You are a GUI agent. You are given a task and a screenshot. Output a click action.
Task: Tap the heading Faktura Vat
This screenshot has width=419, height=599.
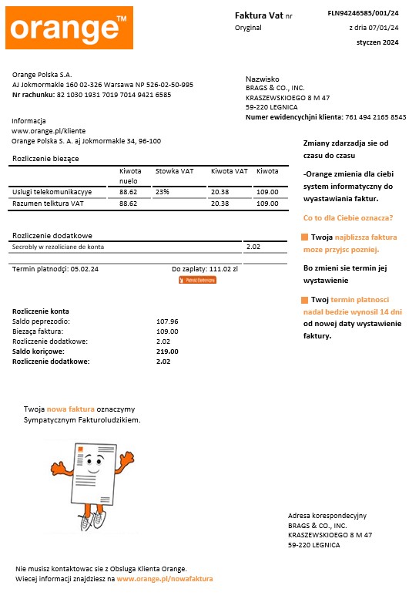click(x=259, y=15)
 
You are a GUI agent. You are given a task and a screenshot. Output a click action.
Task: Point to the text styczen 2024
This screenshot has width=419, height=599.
click(x=377, y=42)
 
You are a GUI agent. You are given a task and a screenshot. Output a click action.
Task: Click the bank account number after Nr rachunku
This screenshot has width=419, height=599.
click(x=114, y=95)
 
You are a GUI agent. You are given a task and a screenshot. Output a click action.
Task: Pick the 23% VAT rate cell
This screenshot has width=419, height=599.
click(x=163, y=190)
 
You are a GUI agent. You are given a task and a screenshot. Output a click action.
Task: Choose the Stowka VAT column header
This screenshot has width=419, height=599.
click(x=174, y=171)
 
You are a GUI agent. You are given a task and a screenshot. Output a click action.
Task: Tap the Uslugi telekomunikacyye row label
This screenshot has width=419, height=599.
click(x=52, y=191)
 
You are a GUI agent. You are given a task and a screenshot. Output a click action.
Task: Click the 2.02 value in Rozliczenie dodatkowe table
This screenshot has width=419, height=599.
click(x=253, y=247)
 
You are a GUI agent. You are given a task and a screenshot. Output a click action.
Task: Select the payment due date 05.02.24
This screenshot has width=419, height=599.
click(x=84, y=269)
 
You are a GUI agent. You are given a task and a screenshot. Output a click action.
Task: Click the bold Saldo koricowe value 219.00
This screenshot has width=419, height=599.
click(x=167, y=351)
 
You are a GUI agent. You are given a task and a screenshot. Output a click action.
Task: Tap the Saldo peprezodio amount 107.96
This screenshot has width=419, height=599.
click(x=167, y=321)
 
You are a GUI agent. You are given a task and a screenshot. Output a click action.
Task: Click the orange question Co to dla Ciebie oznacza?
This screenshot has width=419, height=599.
click(x=348, y=217)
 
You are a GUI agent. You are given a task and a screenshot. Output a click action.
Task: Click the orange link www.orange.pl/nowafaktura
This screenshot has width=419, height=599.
click(x=165, y=578)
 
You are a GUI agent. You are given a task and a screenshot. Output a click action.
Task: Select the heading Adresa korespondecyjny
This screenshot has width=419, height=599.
click(x=327, y=515)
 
